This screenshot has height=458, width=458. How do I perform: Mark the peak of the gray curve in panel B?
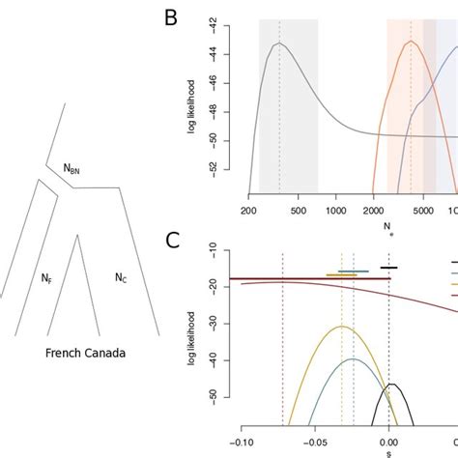click(x=279, y=43)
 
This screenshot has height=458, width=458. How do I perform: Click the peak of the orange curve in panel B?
click(x=411, y=42)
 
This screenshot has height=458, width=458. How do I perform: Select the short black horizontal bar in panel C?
click(x=388, y=268)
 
